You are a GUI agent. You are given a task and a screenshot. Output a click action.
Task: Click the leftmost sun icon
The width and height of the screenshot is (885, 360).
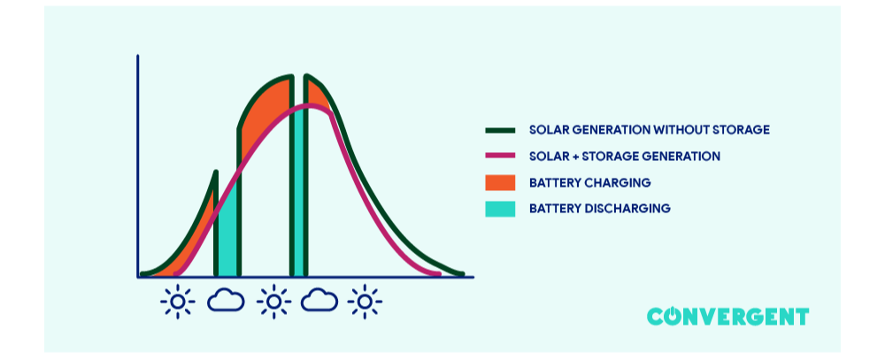click(177, 302)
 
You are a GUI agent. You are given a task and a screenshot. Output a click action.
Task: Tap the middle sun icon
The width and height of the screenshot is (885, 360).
click(273, 302)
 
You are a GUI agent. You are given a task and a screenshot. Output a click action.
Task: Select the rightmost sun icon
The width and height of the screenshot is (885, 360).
click(365, 302)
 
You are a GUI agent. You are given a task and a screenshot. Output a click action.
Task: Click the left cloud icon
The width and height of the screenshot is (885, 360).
click(226, 301)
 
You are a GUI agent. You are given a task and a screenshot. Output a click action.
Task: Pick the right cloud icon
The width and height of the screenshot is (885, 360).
click(319, 301)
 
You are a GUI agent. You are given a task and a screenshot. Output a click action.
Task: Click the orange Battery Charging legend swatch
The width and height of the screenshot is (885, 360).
click(500, 183)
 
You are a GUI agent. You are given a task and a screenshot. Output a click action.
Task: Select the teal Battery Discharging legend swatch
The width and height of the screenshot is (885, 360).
click(500, 209)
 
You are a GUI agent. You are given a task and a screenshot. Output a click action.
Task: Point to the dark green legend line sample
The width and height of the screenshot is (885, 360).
click(500, 130)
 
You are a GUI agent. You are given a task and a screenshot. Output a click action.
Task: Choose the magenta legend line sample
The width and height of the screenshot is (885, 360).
click(500, 157)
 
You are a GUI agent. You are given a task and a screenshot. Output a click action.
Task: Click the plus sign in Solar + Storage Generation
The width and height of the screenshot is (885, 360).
click(577, 157)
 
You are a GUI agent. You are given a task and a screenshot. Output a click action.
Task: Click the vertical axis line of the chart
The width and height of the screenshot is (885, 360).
click(138, 168)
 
